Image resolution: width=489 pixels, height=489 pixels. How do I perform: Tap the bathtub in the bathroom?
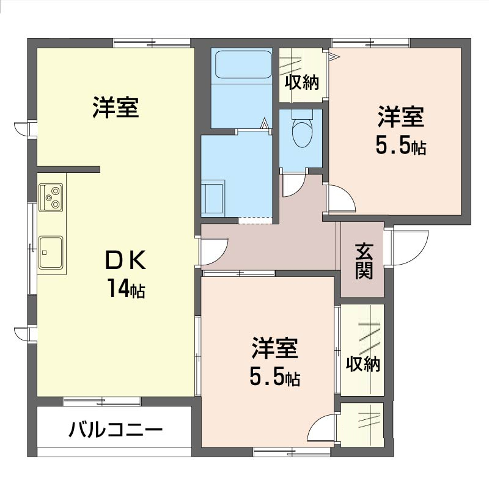(243, 65)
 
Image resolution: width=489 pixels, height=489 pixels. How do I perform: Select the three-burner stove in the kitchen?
(51, 197)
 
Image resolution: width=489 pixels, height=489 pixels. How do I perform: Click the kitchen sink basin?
(51, 252)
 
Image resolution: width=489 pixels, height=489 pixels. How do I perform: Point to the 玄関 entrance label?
(364, 261)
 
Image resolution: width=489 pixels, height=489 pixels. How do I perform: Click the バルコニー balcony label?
(116, 430)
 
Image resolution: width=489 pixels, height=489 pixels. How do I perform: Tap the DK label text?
(125, 260)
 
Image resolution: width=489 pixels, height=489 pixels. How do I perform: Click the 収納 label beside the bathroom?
(302, 83)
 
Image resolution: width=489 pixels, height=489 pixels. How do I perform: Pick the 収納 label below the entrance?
(363, 364)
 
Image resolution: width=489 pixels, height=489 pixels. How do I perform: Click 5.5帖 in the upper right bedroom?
(401, 145)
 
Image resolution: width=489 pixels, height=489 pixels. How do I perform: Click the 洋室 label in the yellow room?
(116, 107)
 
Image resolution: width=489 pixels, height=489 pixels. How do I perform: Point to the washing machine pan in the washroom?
(213, 197)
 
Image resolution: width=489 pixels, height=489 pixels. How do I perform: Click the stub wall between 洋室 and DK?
(68, 169)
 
